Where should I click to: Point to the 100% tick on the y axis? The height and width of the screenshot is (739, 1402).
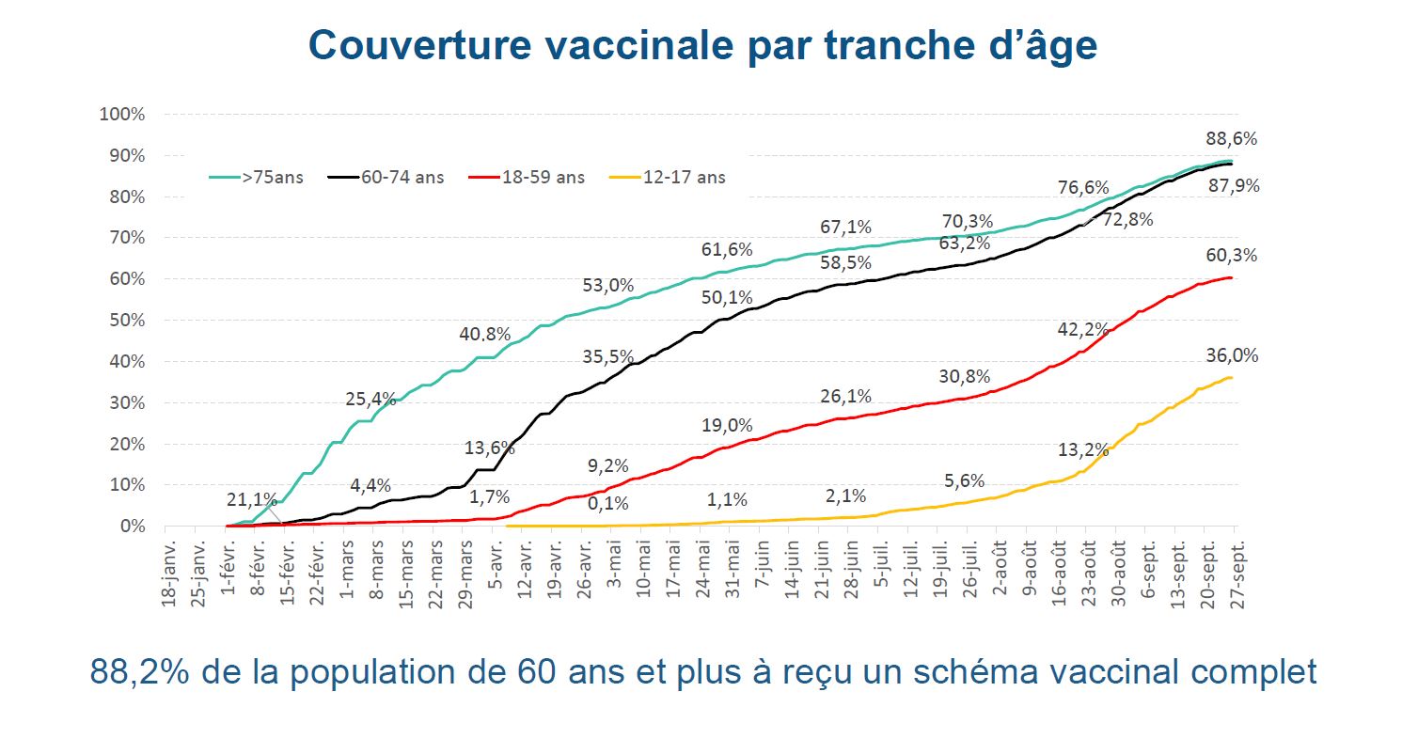pyautogui.click(x=121, y=115)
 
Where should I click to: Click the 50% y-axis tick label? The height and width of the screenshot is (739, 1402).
pyautogui.click(x=125, y=321)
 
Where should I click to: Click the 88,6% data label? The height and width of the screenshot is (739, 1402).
pyautogui.click(x=1232, y=139)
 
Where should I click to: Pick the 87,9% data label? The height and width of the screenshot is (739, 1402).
pyautogui.click(x=1234, y=186)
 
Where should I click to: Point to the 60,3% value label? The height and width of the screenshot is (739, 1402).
pyautogui.click(x=1232, y=256)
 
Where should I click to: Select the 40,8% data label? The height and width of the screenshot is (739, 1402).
pyautogui.click(x=485, y=334)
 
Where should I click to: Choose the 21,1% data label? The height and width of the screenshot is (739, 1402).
pyautogui.click(x=252, y=498)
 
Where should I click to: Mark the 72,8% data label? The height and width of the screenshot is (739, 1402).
pyautogui.click(x=1127, y=220)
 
